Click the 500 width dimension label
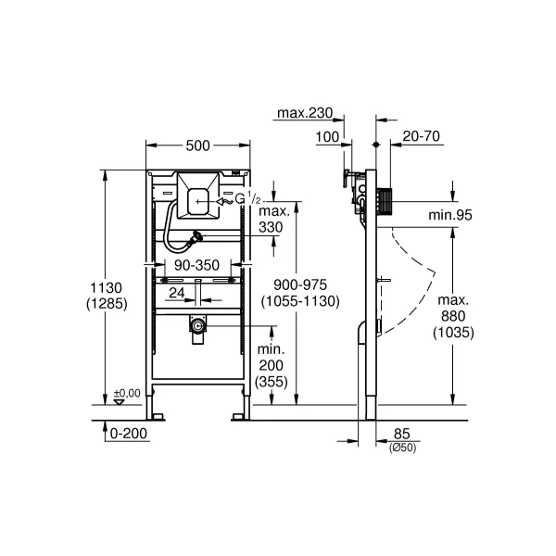tap(198, 145)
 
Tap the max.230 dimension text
tap(305, 113)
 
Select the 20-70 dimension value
tap(422, 136)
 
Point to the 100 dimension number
tap(327, 137)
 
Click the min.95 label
tap(450, 215)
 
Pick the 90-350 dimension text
tap(196, 265)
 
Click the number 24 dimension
tap(177, 293)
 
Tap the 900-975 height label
tap(300, 284)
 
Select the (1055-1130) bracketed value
tap(300, 301)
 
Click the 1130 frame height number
tap(106, 287)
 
